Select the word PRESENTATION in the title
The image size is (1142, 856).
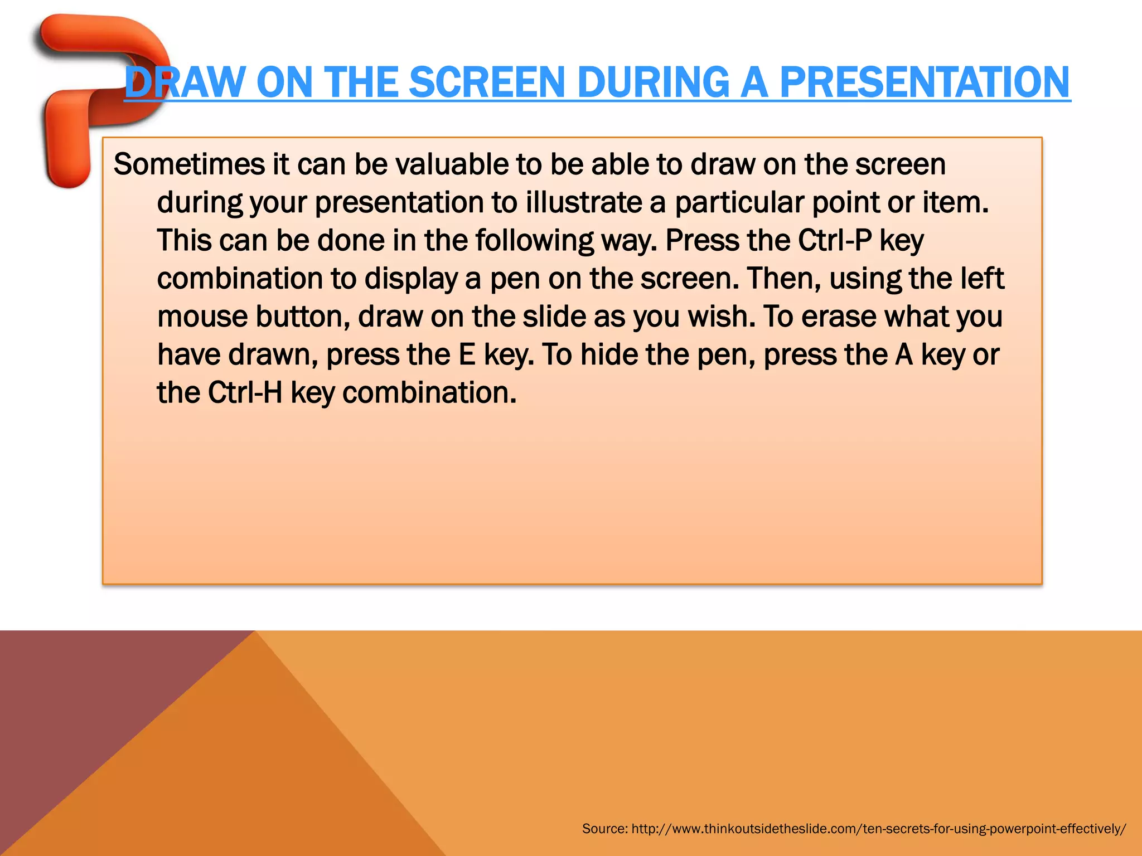click(x=924, y=82)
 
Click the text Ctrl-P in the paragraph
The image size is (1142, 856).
click(x=834, y=241)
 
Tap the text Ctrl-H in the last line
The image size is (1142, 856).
click(x=245, y=393)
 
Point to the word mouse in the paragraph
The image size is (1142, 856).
click(x=202, y=317)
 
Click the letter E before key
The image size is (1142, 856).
click(x=467, y=355)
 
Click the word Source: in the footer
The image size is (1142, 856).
click(x=604, y=829)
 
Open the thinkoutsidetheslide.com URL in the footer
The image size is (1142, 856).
click(x=878, y=829)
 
